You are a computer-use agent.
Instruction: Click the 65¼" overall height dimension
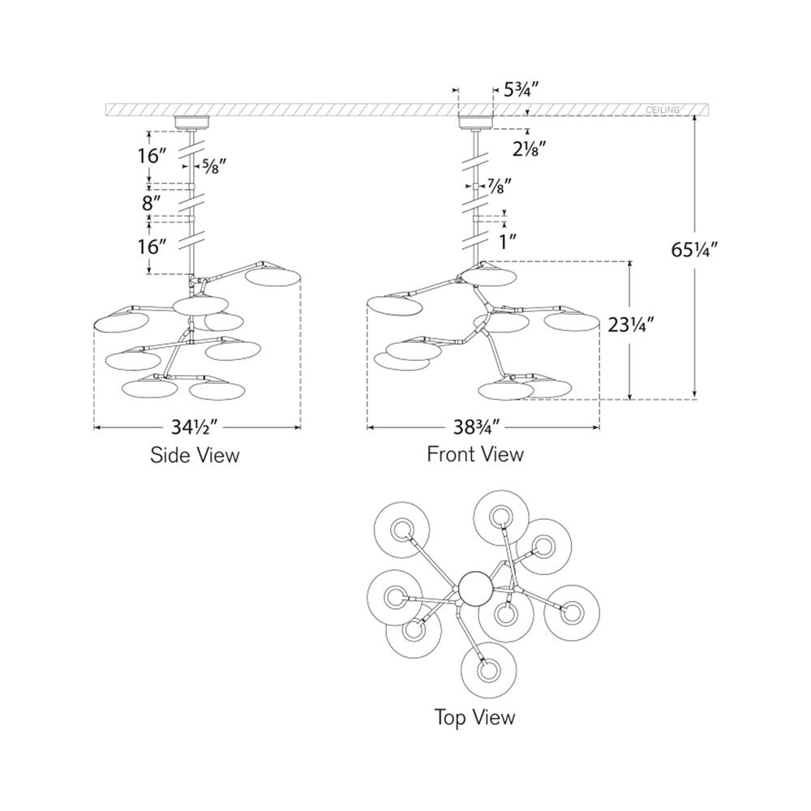pyautogui.click(x=696, y=251)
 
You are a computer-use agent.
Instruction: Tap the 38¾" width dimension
pyautogui.click(x=483, y=426)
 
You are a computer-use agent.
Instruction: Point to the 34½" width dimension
pyautogui.click(x=196, y=426)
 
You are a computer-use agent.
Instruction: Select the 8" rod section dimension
pyautogui.click(x=152, y=200)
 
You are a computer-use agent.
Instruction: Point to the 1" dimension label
pyautogui.click(x=508, y=241)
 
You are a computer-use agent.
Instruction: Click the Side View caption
pyautogui.click(x=195, y=455)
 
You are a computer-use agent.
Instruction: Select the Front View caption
pyautogui.click(x=475, y=454)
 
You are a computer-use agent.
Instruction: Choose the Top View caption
pyautogui.click(x=474, y=717)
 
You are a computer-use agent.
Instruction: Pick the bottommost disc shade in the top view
pyautogui.click(x=488, y=671)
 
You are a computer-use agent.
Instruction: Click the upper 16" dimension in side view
pyautogui.click(x=152, y=156)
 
